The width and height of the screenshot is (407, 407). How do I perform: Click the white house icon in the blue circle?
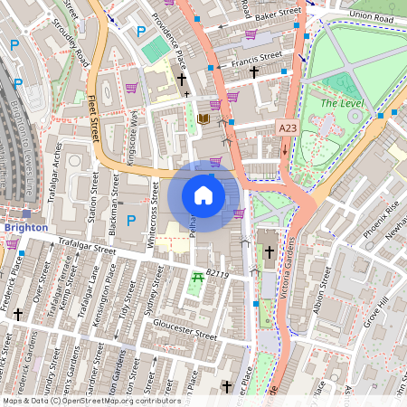pos(203,195)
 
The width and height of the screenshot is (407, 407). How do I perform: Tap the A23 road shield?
pos(289,129)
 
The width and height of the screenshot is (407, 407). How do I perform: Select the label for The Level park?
pos(341,104)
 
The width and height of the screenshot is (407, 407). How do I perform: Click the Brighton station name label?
pos(25,228)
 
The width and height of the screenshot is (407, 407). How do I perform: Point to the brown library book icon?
pos(203,118)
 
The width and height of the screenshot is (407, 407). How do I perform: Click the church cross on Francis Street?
pos(254,71)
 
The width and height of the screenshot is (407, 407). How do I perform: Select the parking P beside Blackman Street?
pos(132,220)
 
